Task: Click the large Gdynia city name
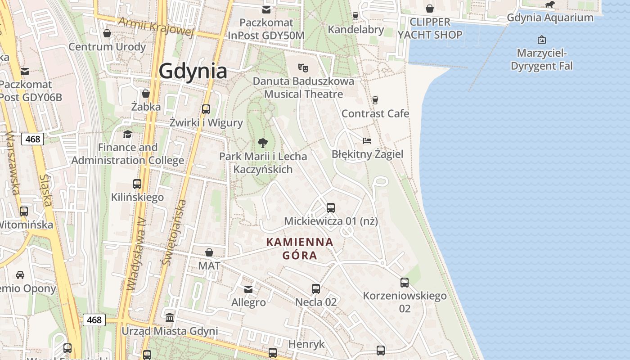(193, 71)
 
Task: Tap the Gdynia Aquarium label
(550, 18)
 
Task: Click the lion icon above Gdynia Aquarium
(549, 5)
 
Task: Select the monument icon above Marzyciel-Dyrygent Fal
(542, 40)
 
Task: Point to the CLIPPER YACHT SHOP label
(430, 28)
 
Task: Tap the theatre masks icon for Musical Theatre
(303, 68)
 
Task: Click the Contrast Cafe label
(375, 113)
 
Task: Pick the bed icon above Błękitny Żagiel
(367, 141)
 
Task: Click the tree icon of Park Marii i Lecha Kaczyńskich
(263, 144)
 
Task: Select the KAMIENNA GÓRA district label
(300, 249)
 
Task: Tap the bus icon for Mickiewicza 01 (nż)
(331, 208)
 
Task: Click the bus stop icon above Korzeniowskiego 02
(405, 283)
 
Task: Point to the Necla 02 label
(316, 302)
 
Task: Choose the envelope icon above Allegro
(248, 289)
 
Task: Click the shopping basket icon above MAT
(209, 252)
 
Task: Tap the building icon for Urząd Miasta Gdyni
(170, 318)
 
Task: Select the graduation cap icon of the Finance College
(128, 134)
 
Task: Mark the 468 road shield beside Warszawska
(33, 139)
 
